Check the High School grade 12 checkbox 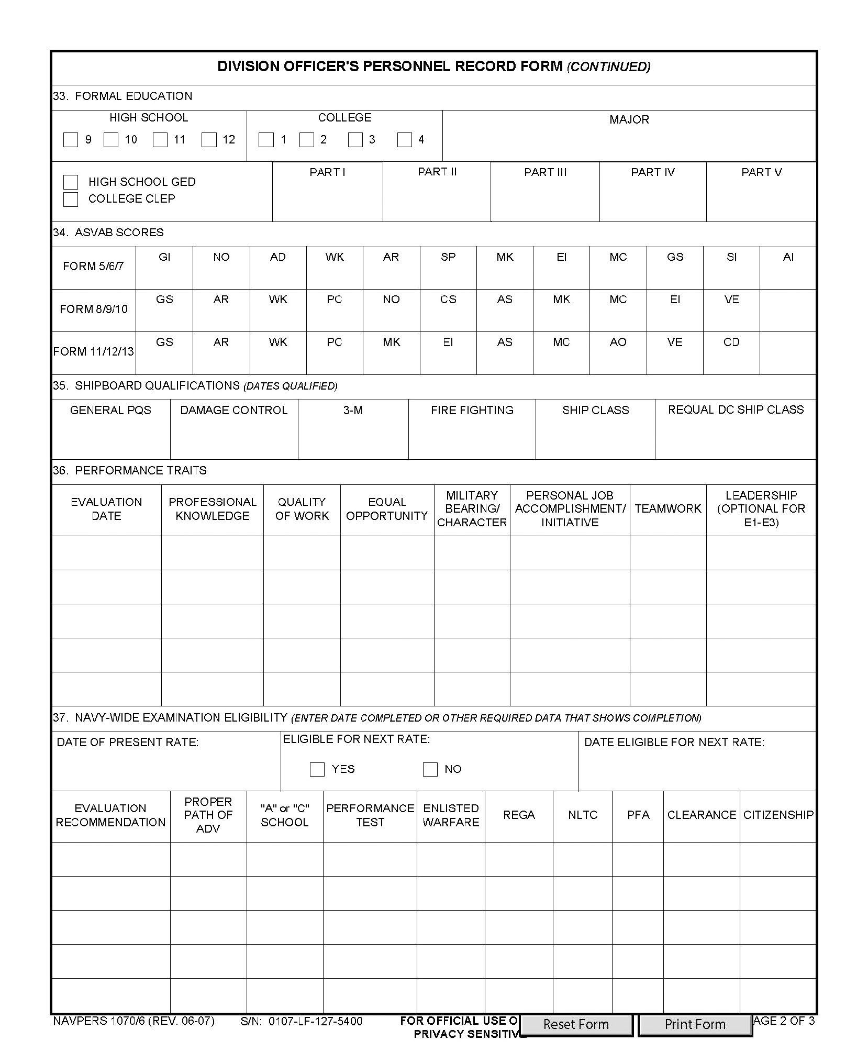(x=209, y=140)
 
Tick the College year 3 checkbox (x=355, y=140)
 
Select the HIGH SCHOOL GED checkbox (x=71, y=182)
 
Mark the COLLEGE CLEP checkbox (x=71, y=199)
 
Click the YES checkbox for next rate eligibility (x=317, y=769)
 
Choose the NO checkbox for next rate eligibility (x=430, y=769)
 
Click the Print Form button (x=695, y=1024)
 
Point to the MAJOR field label (x=629, y=119)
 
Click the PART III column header (x=545, y=172)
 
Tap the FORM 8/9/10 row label (x=94, y=309)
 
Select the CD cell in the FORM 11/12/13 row (x=731, y=342)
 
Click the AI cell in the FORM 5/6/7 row (x=788, y=257)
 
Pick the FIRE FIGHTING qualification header (x=472, y=410)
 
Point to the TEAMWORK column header (x=667, y=508)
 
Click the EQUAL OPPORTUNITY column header (x=387, y=509)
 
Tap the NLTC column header (x=582, y=815)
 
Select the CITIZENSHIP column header (x=778, y=815)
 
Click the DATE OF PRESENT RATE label (x=128, y=742)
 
